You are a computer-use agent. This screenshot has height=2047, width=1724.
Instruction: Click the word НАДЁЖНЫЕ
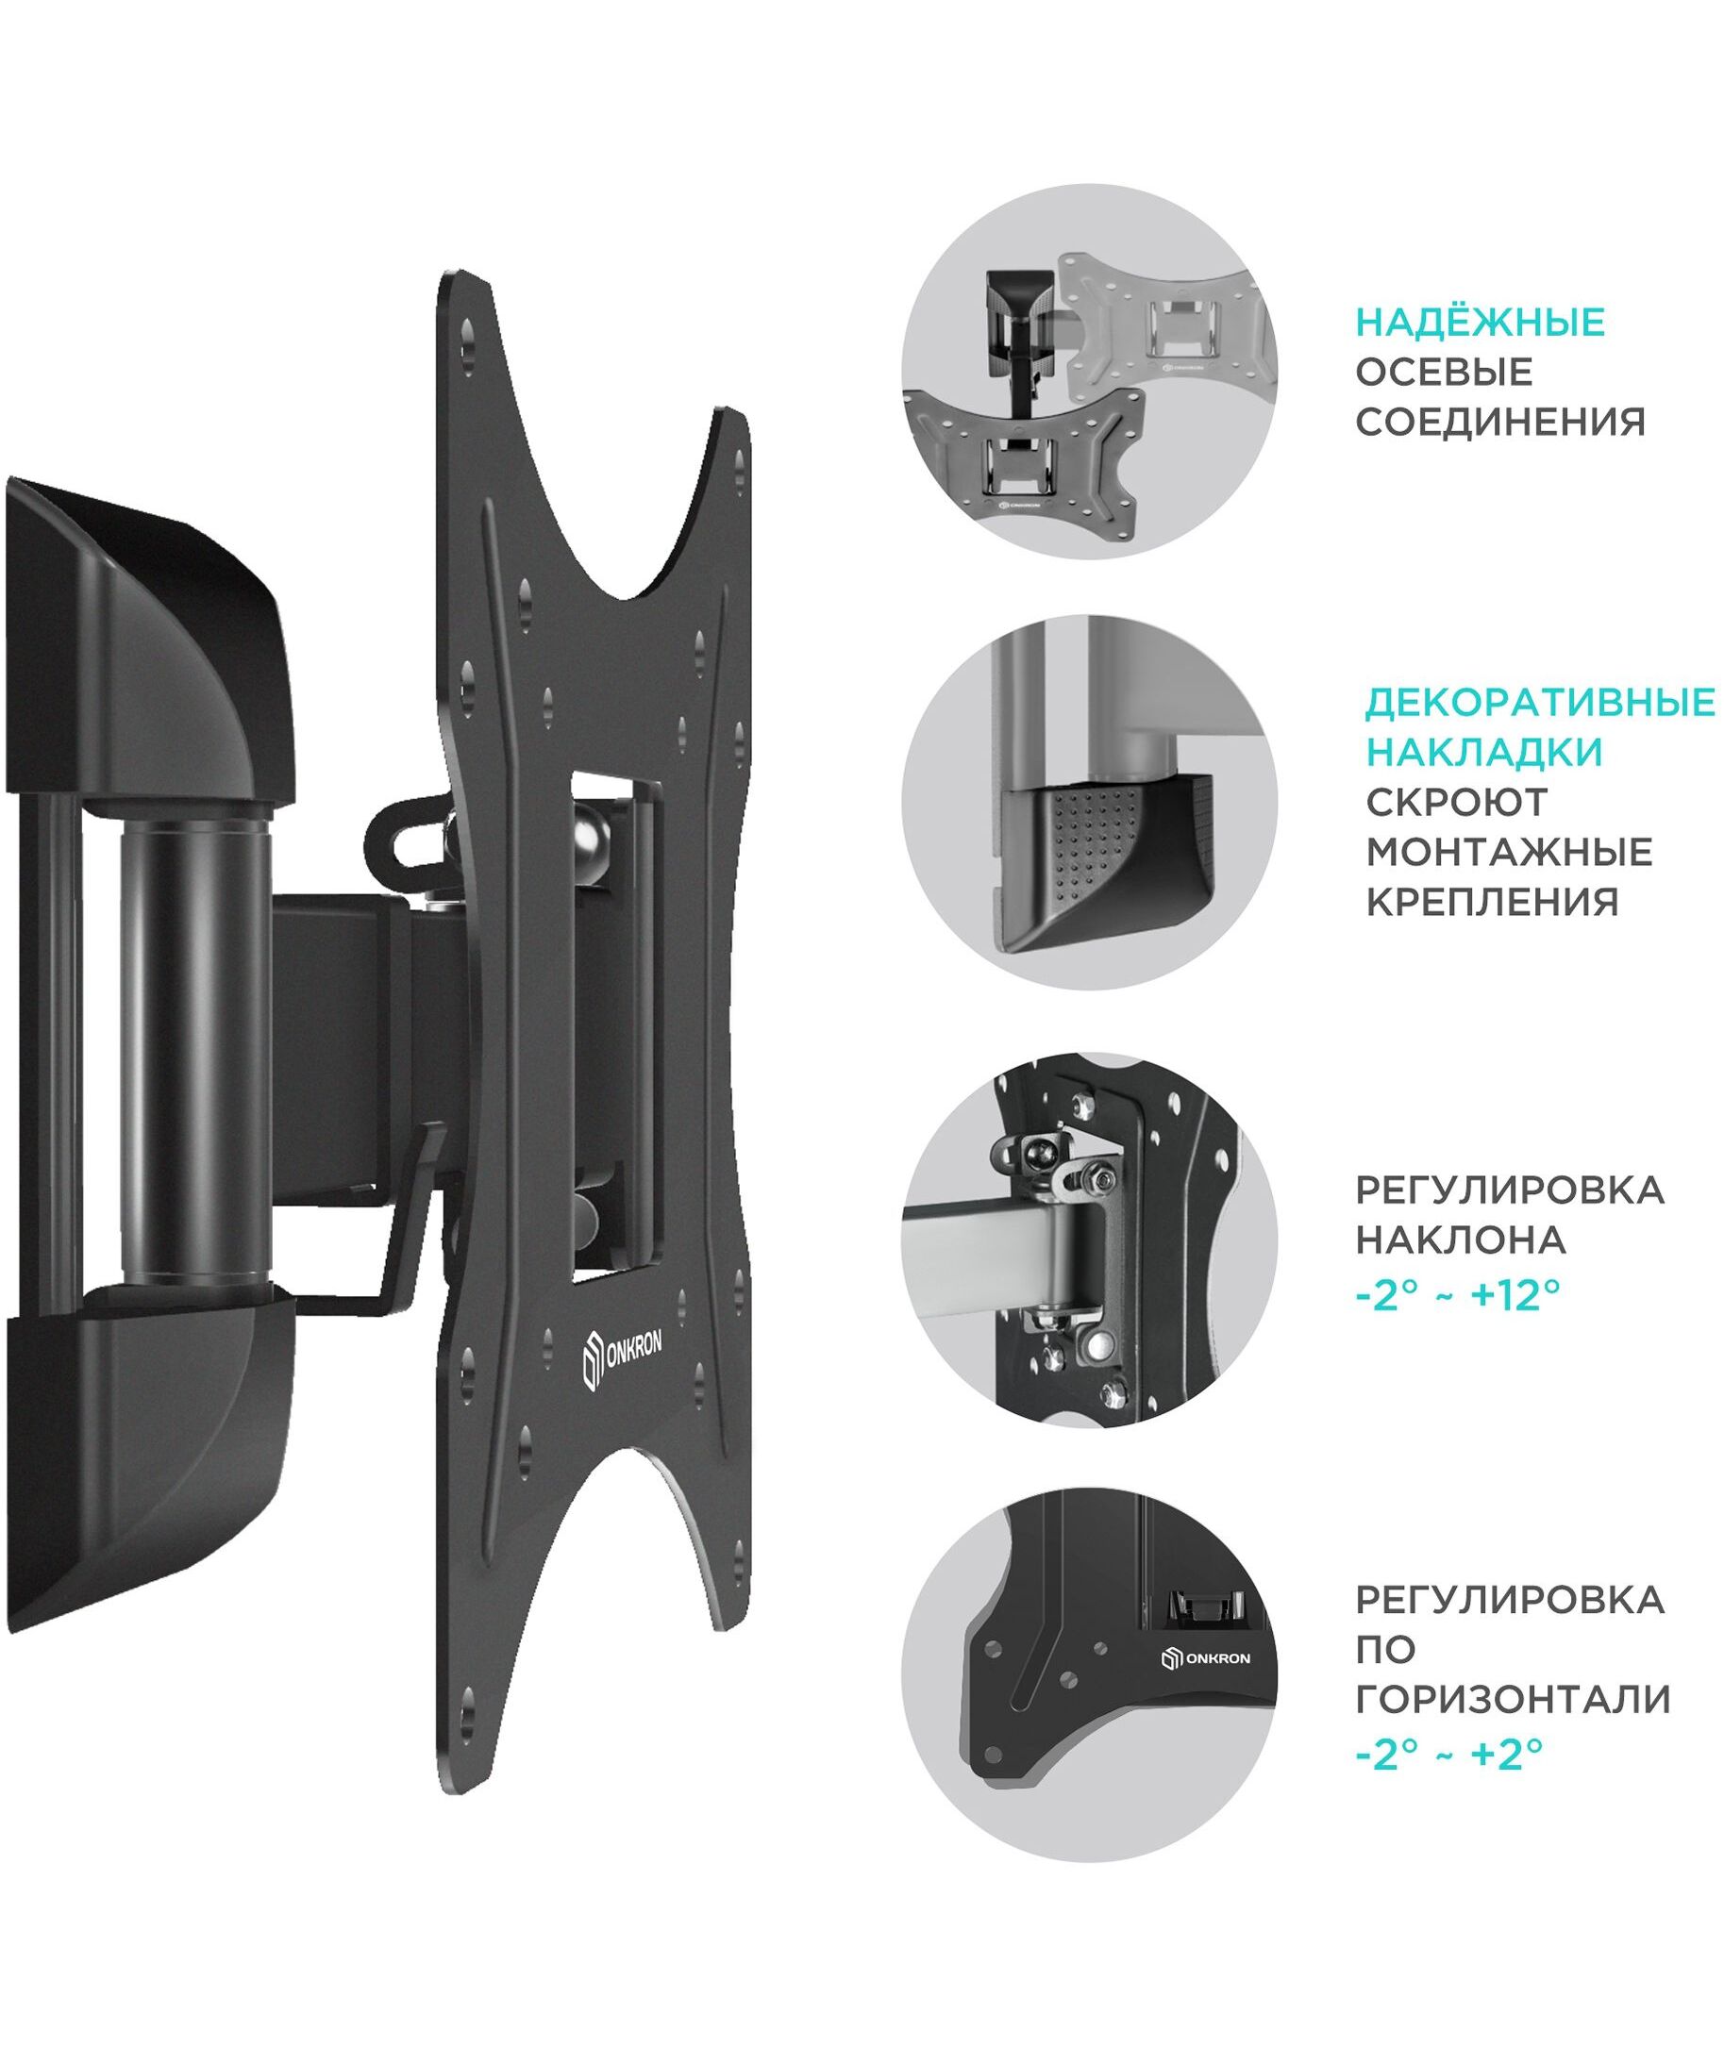click(x=1481, y=322)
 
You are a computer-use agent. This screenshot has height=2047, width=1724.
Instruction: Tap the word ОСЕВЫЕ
click(x=1445, y=373)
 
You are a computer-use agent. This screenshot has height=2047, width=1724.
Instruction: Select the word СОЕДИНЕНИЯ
click(x=1501, y=422)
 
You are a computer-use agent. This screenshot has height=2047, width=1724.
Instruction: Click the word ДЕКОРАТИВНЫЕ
click(x=1540, y=702)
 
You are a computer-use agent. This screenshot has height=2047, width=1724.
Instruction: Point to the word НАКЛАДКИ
click(x=1484, y=753)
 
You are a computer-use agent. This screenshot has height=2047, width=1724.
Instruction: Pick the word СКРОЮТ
click(x=1457, y=802)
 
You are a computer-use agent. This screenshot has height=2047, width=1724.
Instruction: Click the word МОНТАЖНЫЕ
click(x=1509, y=852)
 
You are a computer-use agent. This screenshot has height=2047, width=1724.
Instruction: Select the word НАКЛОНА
click(x=1461, y=1240)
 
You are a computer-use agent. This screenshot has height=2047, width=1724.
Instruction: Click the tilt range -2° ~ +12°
click(x=1457, y=1297)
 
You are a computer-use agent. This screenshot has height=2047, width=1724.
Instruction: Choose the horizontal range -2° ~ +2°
click(x=1449, y=1754)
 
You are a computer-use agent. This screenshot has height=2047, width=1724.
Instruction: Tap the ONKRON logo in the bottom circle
click(x=1205, y=1658)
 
